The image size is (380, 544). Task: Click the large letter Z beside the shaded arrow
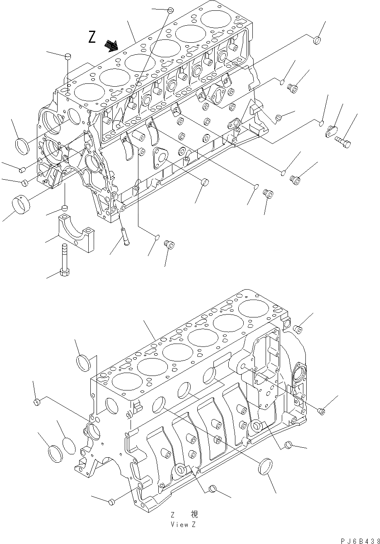tap(92, 37)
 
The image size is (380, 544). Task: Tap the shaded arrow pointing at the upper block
tap(111, 45)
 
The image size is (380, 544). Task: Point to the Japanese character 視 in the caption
tap(194, 514)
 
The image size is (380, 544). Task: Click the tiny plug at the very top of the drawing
tap(170, 9)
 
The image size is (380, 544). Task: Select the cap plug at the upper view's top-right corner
tap(317, 40)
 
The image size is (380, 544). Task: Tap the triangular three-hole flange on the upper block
tap(160, 156)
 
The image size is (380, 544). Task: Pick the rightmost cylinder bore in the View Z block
tap(253, 308)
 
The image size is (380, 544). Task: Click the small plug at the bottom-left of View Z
tap(111, 503)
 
